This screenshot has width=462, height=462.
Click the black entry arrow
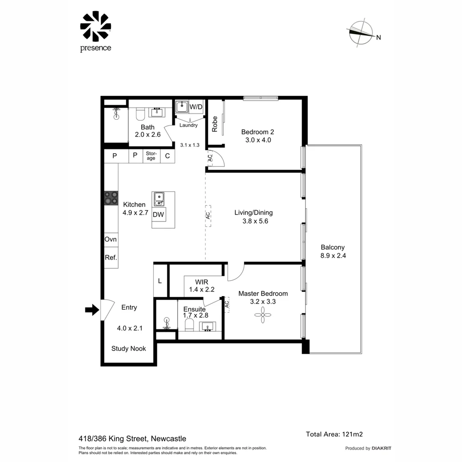click(92, 310)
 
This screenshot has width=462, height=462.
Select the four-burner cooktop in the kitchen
click(111, 198)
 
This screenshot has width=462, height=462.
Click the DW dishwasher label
click(159, 215)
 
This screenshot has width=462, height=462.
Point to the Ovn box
click(111, 240)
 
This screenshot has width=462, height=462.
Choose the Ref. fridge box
click(111, 258)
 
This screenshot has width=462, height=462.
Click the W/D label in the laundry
click(196, 107)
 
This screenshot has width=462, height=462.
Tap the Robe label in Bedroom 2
click(215, 124)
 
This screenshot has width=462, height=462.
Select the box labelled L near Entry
click(160, 281)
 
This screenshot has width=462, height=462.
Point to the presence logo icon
click(95, 27)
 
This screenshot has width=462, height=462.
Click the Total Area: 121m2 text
click(334, 434)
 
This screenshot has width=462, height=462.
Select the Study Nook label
click(128, 349)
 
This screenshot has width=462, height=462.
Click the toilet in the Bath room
click(140, 114)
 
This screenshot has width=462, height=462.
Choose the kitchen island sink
click(159, 199)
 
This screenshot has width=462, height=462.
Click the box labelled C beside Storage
click(167, 156)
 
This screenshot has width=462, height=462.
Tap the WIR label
click(201, 282)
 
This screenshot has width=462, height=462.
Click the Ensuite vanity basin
click(209, 327)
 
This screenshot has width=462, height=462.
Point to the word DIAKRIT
click(382, 448)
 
